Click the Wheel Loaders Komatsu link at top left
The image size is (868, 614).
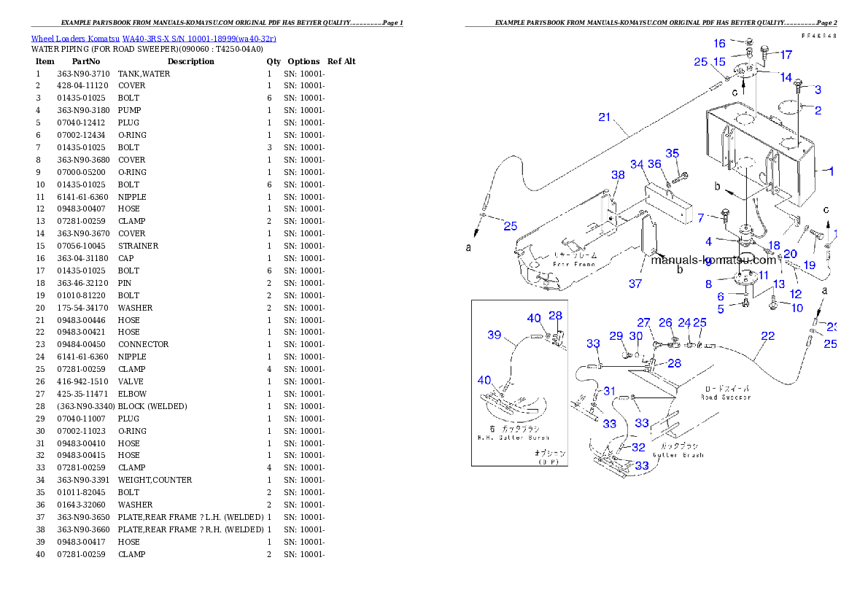pyautogui.click(x=153, y=38)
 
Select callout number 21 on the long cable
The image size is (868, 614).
pyautogui.click(x=604, y=117)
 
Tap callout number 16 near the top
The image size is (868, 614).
pyautogui.click(x=719, y=44)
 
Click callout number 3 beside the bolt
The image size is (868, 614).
pyautogui.click(x=818, y=90)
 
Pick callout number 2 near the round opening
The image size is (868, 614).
pyautogui.click(x=818, y=111)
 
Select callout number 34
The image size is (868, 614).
pyautogui.click(x=637, y=164)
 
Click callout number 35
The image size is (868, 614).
pyautogui.click(x=672, y=153)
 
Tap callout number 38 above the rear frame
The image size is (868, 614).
pyautogui.click(x=618, y=175)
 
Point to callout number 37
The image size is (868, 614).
pyautogui.click(x=635, y=284)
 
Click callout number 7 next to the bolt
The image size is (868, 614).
pyautogui.click(x=700, y=217)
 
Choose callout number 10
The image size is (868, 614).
pyautogui.click(x=797, y=308)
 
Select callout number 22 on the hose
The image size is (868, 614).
pyautogui.click(x=767, y=336)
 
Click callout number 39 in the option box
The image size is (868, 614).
pyautogui.click(x=495, y=335)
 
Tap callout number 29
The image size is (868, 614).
pyautogui.click(x=616, y=335)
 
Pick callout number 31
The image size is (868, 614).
pyautogui.click(x=609, y=391)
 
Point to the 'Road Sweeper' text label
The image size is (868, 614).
pyautogui.click(x=725, y=397)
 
